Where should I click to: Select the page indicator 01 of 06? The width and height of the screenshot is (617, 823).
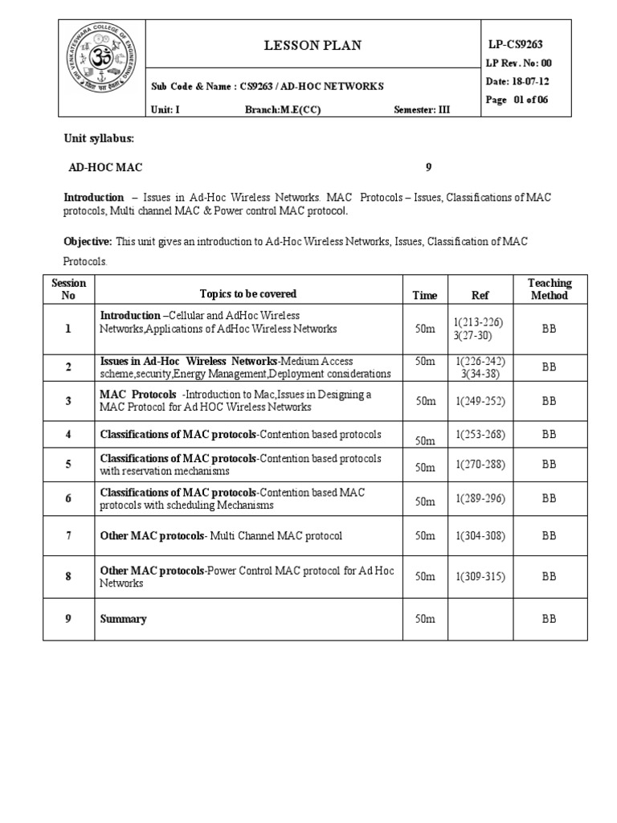click(x=531, y=100)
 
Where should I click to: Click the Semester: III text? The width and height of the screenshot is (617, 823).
click(x=423, y=110)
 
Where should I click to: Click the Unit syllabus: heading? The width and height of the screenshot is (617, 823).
click(x=99, y=139)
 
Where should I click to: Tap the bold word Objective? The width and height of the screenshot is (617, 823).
click(x=88, y=241)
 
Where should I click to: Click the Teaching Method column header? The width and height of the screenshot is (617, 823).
click(x=549, y=289)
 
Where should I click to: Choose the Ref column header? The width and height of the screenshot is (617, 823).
click(x=480, y=295)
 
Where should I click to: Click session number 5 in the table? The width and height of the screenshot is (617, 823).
click(x=68, y=465)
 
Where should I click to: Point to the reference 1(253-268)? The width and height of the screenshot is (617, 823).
click(x=480, y=434)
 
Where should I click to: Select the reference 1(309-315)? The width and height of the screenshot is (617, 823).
click(x=480, y=576)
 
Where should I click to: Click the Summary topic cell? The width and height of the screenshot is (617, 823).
click(x=123, y=619)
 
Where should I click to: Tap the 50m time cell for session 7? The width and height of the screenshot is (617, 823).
click(x=425, y=536)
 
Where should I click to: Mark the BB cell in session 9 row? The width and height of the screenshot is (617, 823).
click(x=549, y=619)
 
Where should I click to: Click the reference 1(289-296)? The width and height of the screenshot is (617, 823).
click(x=480, y=498)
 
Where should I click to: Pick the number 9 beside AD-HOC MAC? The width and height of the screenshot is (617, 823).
click(x=428, y=168)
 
